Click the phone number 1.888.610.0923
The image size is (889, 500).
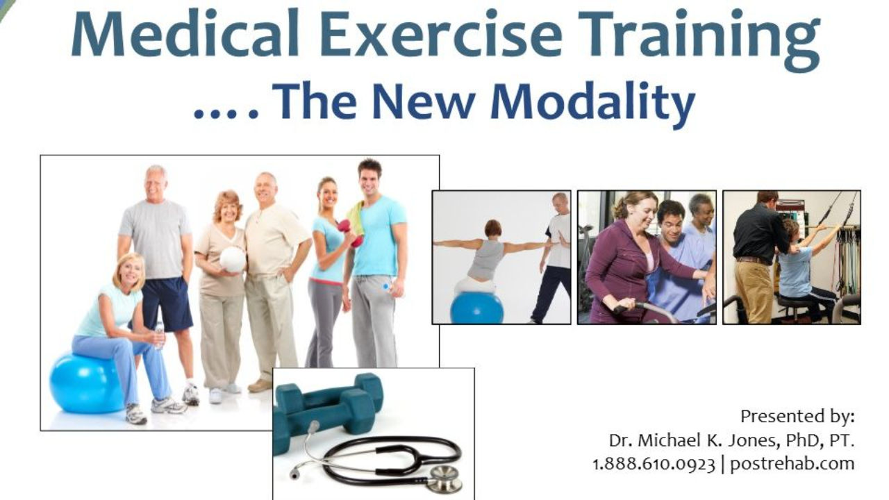tap(654, 463)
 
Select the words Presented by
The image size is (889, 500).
tap(797, 416)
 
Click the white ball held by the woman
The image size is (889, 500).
tap(233, 260)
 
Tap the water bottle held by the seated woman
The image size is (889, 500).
tap(160, 334)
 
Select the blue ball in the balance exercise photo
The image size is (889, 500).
tap(476, 308)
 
